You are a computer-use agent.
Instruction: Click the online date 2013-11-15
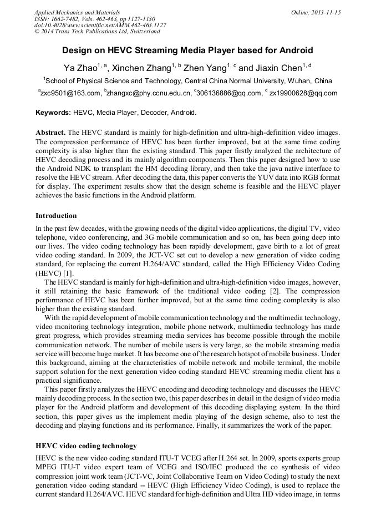325,12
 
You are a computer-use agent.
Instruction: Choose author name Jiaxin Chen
278,68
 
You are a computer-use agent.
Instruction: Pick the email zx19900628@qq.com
303,93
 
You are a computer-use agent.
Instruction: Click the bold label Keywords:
53,113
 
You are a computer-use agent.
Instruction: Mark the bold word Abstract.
50,133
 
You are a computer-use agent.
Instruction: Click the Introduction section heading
56,215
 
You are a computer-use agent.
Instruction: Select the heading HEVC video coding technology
86,445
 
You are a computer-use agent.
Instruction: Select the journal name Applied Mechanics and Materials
77,12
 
